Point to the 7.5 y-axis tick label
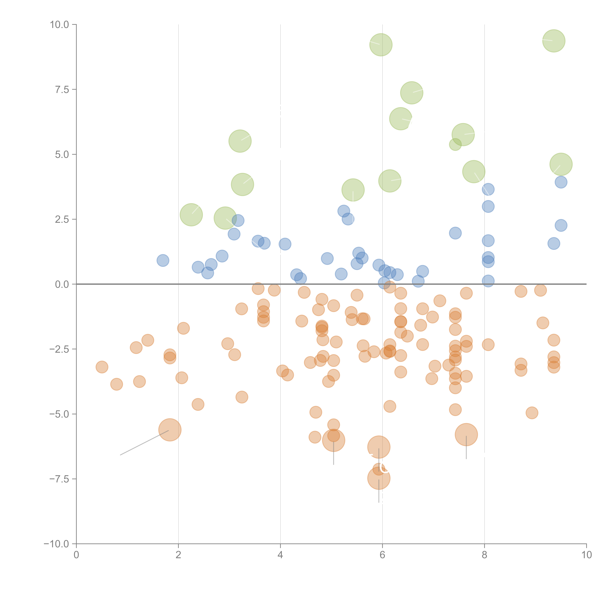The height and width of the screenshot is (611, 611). click(62, 90)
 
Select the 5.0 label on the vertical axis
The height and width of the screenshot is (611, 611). click(62, 155)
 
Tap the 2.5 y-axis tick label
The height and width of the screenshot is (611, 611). click(62, 219)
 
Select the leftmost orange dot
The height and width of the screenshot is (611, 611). click(102, 367)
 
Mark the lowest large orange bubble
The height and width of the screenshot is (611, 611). click(379, 478)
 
